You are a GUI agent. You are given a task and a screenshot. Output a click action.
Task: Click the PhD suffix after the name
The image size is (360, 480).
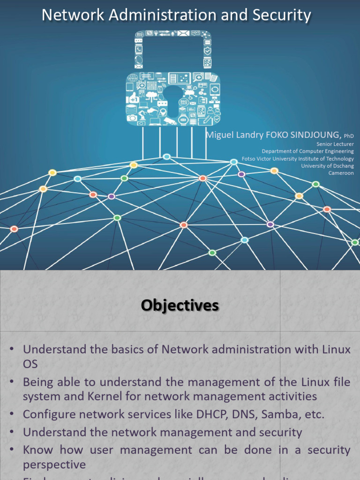[x=349, y=136]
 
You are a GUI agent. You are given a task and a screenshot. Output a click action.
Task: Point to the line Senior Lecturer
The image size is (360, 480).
[x=335, y=144]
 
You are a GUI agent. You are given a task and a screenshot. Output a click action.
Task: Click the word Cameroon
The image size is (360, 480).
[x=341, y=173]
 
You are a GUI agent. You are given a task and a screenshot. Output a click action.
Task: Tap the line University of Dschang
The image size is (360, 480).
[x=327, y=166]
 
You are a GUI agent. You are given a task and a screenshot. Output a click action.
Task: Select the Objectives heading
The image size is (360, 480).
[x=180, y=306]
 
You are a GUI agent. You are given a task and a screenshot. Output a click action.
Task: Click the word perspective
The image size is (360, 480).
[x=54, y=465]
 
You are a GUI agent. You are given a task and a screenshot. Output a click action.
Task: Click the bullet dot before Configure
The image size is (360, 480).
[x=12, y=414]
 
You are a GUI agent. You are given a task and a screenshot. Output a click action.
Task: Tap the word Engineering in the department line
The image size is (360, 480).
[x=337, y=151]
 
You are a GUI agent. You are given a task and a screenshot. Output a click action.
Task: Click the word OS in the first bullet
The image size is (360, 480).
[x=30, y=364]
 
